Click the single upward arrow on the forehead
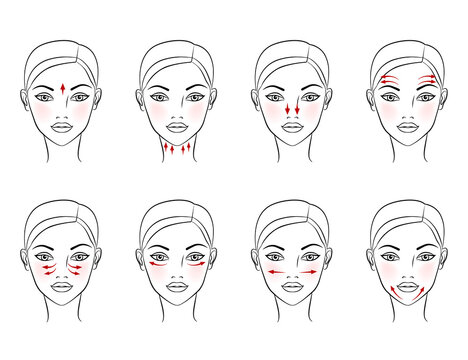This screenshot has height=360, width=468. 63,89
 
